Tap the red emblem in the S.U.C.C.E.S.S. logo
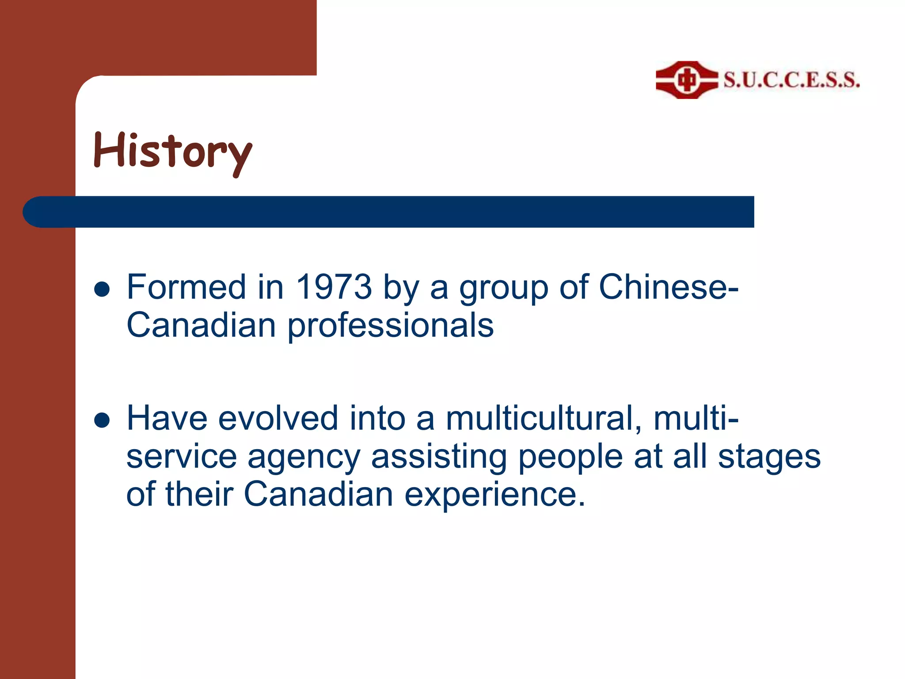pyautogui.click(x=686, y=80)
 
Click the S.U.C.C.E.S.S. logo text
pyautogui.click(x=791, y=80)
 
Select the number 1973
pyautogui.click(x=334, y=287)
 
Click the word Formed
pyautogui.click(x=186, y=287)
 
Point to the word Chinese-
pyautogui.click(x=668, y=287)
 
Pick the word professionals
pyautogui.click(x=391, y=325)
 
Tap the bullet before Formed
pyautogui.click(x=102, y=290)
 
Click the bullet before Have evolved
pyautogui.click(x=102, y=420)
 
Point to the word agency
pyautogui.click(x=304, y=458)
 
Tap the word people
pyautogui.click(x=570, y=458)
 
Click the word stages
pyautogui.click(x=769, y=458)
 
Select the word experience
pyautogui.click(x=495, y=495)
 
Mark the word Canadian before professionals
pyautogui.click(x=202, y=325)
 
